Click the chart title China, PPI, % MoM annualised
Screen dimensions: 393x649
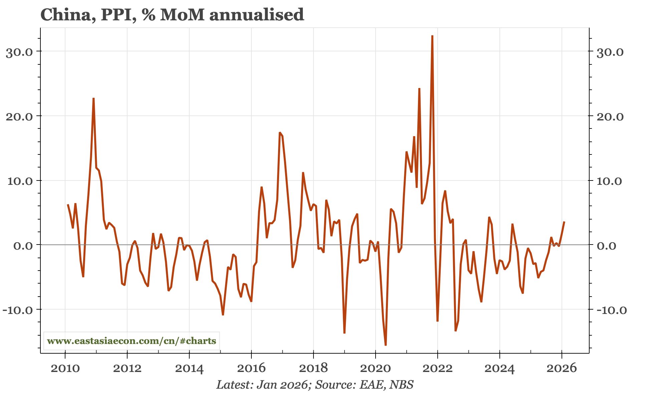[172, 15]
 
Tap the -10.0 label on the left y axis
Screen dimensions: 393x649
[18, 310]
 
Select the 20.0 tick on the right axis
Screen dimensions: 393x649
[610, 116]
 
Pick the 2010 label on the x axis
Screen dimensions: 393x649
[65, 368]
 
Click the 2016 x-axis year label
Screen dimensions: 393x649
[251, 368]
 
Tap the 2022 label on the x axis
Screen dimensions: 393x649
[437, 368]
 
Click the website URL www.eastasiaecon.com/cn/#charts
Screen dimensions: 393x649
[132, 341]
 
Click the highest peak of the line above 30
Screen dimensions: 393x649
[432, 36]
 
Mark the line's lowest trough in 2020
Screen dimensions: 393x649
[386, 345]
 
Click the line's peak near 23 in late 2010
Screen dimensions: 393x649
[93, 98]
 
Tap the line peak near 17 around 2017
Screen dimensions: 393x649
[280, 133]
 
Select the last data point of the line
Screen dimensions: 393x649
[564, 222]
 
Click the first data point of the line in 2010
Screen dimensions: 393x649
[68, 205]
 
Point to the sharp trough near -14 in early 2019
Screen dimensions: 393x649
[344, 333]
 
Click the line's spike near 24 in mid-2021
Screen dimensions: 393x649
[419, 89]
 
